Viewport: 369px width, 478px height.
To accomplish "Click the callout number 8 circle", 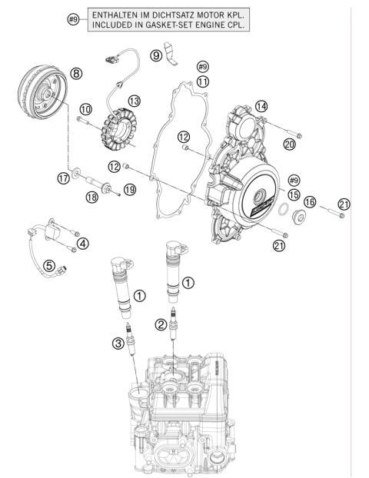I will click(76, 73).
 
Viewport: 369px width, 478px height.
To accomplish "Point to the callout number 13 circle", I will click(134, 101).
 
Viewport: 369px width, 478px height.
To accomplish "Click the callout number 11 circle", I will click(203, 81).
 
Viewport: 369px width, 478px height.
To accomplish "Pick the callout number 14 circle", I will click(262, 106).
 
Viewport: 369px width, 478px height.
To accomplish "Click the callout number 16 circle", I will click(310, 201).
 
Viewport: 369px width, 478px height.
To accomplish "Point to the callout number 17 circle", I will click(64, 178).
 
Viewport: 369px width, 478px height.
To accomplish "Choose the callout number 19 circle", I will click(130, 189).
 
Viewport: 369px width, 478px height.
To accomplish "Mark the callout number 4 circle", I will click(82, 244).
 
